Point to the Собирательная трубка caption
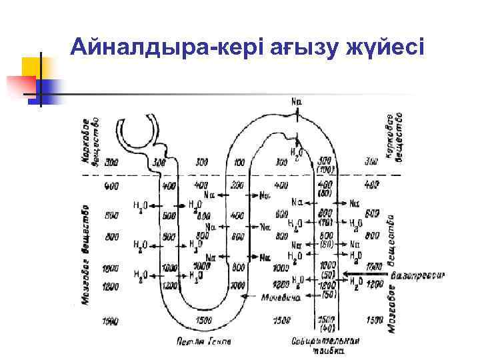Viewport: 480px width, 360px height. pos(326,345)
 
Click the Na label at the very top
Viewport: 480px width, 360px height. pos(297,101)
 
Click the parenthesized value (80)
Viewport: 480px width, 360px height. pos(325,193)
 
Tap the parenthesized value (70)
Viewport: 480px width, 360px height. pos(325,222)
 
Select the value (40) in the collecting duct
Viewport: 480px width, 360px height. pos(325,328)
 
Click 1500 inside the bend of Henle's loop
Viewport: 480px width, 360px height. pos(204,321)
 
